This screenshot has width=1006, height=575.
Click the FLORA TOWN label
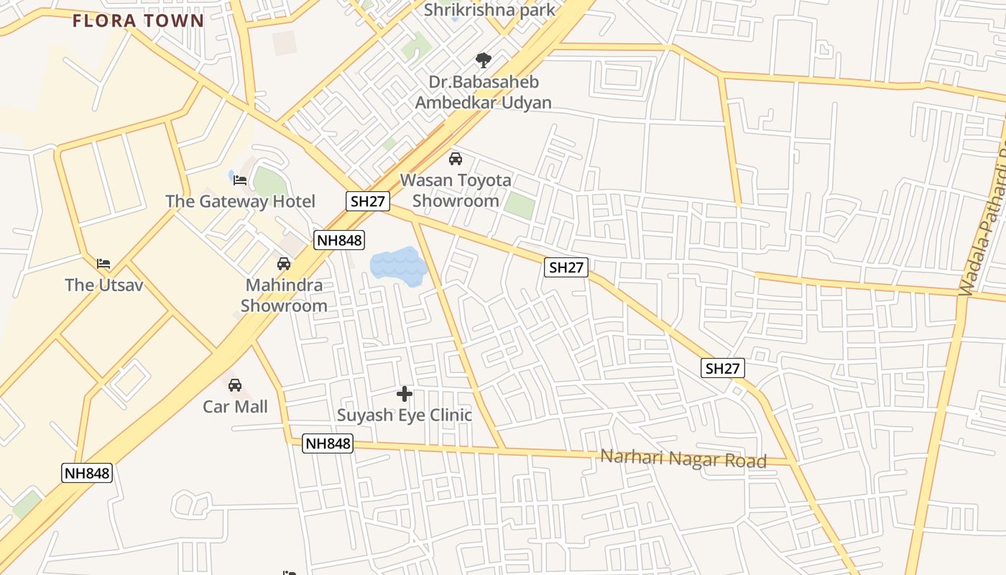(x=139, y=20)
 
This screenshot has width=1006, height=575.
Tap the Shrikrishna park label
(x=489, y=9)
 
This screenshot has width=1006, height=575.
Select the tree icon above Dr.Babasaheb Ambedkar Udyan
(x=484, y=60)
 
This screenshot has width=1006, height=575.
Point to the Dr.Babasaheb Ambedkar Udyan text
(x=484, y=92)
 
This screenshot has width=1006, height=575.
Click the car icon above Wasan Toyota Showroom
(x=455, y=159)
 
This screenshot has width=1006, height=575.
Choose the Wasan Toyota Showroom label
(x=456, y=190)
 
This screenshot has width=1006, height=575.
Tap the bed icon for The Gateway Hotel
(x=240, y=180)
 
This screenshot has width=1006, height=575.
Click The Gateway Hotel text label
(x=240, y=201)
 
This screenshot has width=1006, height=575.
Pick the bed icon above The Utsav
(x=104, y=264)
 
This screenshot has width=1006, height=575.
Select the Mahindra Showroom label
(x=284, y=295)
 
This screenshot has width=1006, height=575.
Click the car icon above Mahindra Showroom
(x=284, y=264)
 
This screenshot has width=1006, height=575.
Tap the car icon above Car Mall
(x=235, y=386)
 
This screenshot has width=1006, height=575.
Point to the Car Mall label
(x=235, y=407)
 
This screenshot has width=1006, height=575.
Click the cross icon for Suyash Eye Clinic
(x=405, y=394)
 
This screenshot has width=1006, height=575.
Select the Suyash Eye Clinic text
(x=405, y=415)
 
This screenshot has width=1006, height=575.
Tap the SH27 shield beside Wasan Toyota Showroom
(x=368, y=201)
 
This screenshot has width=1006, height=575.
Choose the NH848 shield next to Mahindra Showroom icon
(x=339, y=240)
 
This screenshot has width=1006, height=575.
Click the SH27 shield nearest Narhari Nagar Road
(x=723, y=369)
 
